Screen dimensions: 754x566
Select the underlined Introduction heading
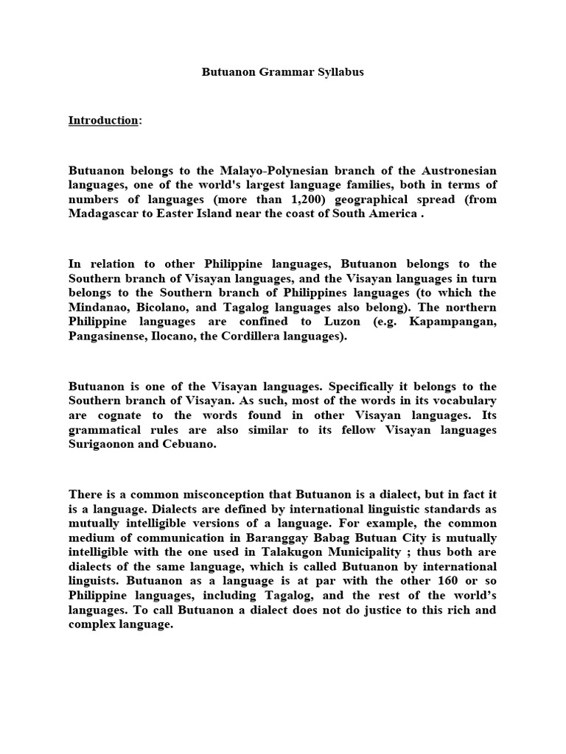click(x=103, y=120)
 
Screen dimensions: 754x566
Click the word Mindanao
click(x=99, y=307)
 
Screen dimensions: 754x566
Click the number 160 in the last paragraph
click(x=435, y=581)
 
